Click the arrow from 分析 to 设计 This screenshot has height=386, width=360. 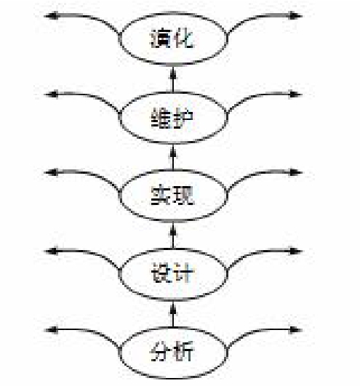pos(173,314)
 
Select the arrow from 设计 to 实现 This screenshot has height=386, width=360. pos(173,236)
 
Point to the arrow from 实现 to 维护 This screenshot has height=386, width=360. pos(173,157)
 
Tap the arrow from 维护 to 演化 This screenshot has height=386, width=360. pos(173,79)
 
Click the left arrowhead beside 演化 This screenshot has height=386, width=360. pos(51,16)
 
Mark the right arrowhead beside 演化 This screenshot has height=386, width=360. pos(295,16)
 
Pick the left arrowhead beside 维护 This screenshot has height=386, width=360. pos(51,95)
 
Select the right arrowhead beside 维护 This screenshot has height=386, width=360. pos(295,95)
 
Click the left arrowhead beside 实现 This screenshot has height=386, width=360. pos(51,172)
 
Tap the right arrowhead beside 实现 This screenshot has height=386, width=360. pos(295,172)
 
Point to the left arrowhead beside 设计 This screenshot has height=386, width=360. pos(51,251)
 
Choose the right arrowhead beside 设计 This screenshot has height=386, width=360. pos(295,251)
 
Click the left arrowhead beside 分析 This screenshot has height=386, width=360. pos(51,330)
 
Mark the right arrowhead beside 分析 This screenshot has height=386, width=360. pos(295,330)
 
